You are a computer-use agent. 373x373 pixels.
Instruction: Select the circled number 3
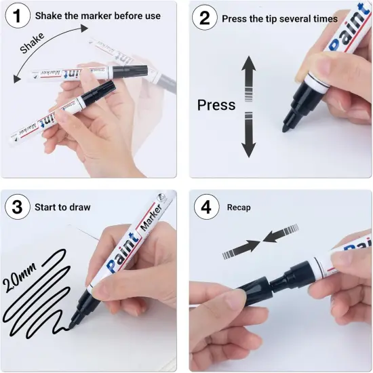pyautogui.click(x=18, y=206)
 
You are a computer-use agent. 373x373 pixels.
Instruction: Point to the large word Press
pyautogui.click(x=216, y=105)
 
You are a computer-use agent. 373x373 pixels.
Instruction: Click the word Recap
pyautogui.click(x=239, y=207)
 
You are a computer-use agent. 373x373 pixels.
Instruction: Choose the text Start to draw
pyautogui.click(x=62, y=207)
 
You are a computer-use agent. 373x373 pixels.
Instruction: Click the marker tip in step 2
pyautogui.click(x=288, y=125)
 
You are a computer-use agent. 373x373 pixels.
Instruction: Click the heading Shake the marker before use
pyautogui.click(x=98, y=15)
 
